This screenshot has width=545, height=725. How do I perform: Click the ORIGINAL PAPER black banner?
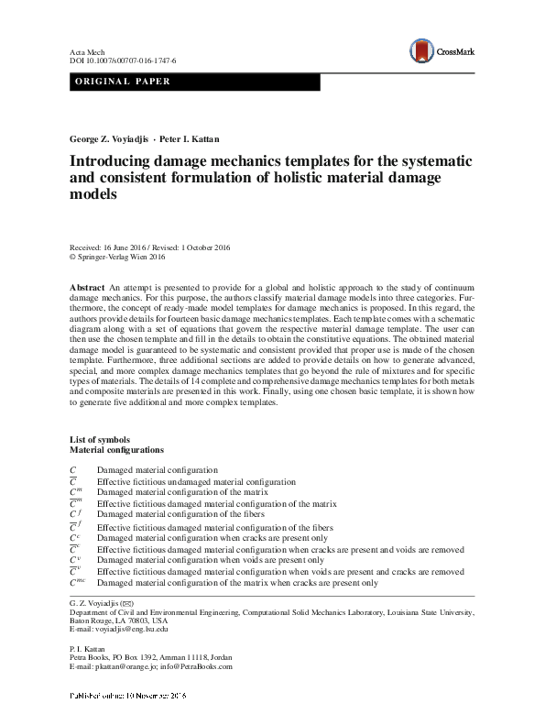tap(195, 82)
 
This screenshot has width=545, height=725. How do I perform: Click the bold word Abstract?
tap(87, 289)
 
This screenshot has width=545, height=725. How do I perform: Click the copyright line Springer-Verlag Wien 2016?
tap(126, 258)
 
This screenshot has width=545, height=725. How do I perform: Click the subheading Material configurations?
tap(117, 451)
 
